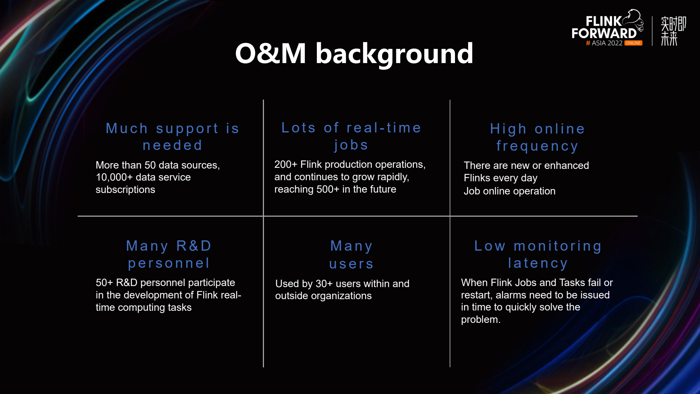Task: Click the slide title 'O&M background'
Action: pos(354,54)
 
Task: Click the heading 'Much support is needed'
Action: pos(172,137)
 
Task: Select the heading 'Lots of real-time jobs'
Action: pos(351,136)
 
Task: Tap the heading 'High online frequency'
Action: pos(537,137)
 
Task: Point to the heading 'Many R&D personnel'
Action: pos(169,254)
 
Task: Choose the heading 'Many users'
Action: pos(351,255)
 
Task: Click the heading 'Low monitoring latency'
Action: pos(538,254)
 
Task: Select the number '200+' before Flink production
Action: pos(286,165)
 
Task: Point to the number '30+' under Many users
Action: pos(324,283)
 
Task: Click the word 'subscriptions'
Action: pos(125,190)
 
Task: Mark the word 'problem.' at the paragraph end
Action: pos(481,320)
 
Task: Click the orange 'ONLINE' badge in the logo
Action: pos(633,43)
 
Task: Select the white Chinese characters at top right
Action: pos(673,31)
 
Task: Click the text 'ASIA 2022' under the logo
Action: pos(607,43)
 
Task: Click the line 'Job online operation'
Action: pos(510,191)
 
